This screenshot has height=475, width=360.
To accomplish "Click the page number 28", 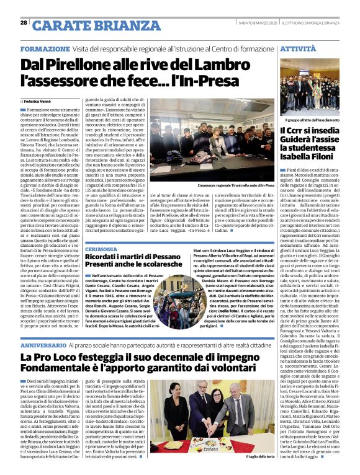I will pyautogui.click(x=24, y=22).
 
